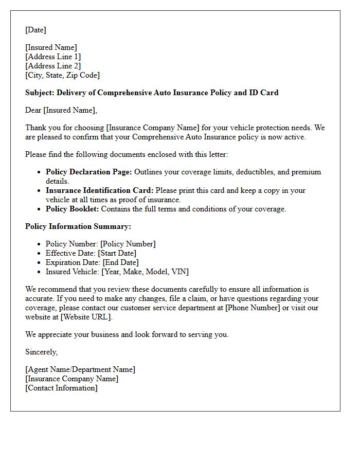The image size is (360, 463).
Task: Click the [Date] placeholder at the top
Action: tap(35, 30)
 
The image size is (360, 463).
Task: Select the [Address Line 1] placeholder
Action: tap(53, 57)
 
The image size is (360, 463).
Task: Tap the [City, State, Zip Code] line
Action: tap(62, 75)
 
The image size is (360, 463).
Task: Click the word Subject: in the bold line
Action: tap(40, 93)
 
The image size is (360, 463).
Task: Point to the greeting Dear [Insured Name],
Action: tap(61, 110)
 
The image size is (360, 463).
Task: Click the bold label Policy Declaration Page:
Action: tap(88, 172)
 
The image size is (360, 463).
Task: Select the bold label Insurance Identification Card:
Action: tap(99, 190)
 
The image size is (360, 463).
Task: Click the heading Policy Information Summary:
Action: tap(78, 226)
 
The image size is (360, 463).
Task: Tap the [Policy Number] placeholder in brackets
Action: tap(128, 244)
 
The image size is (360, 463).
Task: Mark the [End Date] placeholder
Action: tap(120, 262)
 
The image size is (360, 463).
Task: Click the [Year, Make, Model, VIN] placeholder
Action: tap(145, 272)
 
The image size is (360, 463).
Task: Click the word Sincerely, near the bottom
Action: tap(41, 352)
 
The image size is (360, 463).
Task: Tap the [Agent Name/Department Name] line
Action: tap(80, 369)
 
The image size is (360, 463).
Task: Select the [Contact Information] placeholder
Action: tap(61, 388)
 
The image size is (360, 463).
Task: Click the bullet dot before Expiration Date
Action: tap(39, 263)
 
